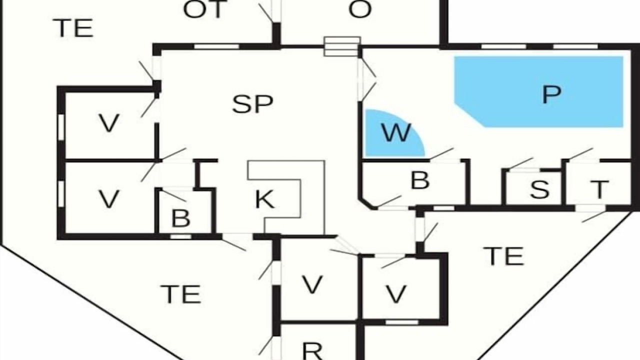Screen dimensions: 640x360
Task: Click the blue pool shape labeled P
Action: tap(539, 91)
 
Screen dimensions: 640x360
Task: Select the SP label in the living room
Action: tap(252, 104)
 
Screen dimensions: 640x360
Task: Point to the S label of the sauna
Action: tap(539, 189)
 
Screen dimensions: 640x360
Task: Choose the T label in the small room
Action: tap(599, 189)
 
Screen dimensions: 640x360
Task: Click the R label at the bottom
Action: tap(312, 351)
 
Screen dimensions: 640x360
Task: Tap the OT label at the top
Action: tap(205, 9)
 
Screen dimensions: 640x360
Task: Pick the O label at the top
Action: tap(360, 9)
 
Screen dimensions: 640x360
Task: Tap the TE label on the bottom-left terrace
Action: tap(181, 294)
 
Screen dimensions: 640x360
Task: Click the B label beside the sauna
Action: tap(420, 180)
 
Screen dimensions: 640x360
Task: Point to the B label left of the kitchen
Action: tap(181, 218)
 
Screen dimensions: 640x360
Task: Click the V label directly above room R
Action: tap(312, 284)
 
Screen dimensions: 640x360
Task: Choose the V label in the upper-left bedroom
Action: tap(109, 123)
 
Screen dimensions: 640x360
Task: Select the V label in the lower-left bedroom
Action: tap(109, 199)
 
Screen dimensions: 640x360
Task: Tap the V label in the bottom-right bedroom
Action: tap(396, 294)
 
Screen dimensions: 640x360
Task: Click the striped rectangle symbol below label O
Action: tap(342, 46)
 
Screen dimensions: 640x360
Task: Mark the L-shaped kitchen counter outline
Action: tap(325, 197)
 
